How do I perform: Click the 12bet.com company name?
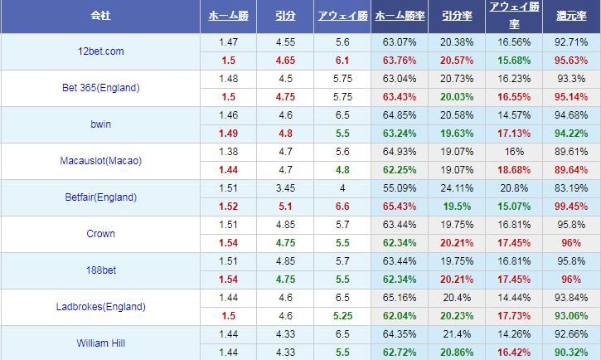pyautogui.click(x=99, y=51)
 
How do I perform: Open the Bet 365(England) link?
pyautogui.click(x=99, y=88)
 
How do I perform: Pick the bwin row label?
pyautogui.click(x=99, y=124)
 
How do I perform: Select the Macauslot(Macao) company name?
pyautogui.click(x=99, y=161)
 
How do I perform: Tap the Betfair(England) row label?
pyautogui.click(x=99, y=197)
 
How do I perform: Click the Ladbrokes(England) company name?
pyautogui.click(x=99, y=307)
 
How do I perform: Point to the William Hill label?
pyautogui.click(x=99, y=342)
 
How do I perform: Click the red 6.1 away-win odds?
pyautogui.click(x=343, y=60)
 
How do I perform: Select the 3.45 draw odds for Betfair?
pyautogui.click(x=285, y=187)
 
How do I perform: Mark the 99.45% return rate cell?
pyautogui.click(x=570, y=206)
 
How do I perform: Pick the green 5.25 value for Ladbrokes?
pyautogui.click(x=343, y=315)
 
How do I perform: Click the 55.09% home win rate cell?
pyautogui.click(x=400, y=187)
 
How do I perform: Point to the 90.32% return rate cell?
pyautogui.click(x=570, y=352)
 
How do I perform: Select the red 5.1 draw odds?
pyautogui.click(x=285, y=206)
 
